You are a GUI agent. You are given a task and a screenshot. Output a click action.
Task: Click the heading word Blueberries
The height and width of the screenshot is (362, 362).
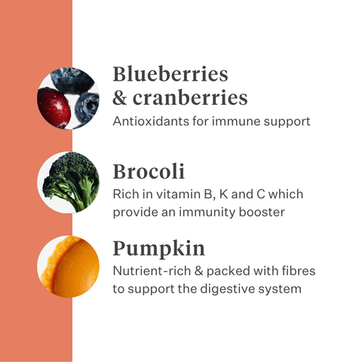click(x=170, y=75)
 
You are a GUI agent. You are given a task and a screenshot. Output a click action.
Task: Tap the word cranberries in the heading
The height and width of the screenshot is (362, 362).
click(x=190, y=98)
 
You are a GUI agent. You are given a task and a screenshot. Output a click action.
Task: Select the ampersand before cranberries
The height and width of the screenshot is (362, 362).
click(x=121, y=98)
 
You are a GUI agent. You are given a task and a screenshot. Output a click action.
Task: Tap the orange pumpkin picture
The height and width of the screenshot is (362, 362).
click(x=69, y=265)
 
